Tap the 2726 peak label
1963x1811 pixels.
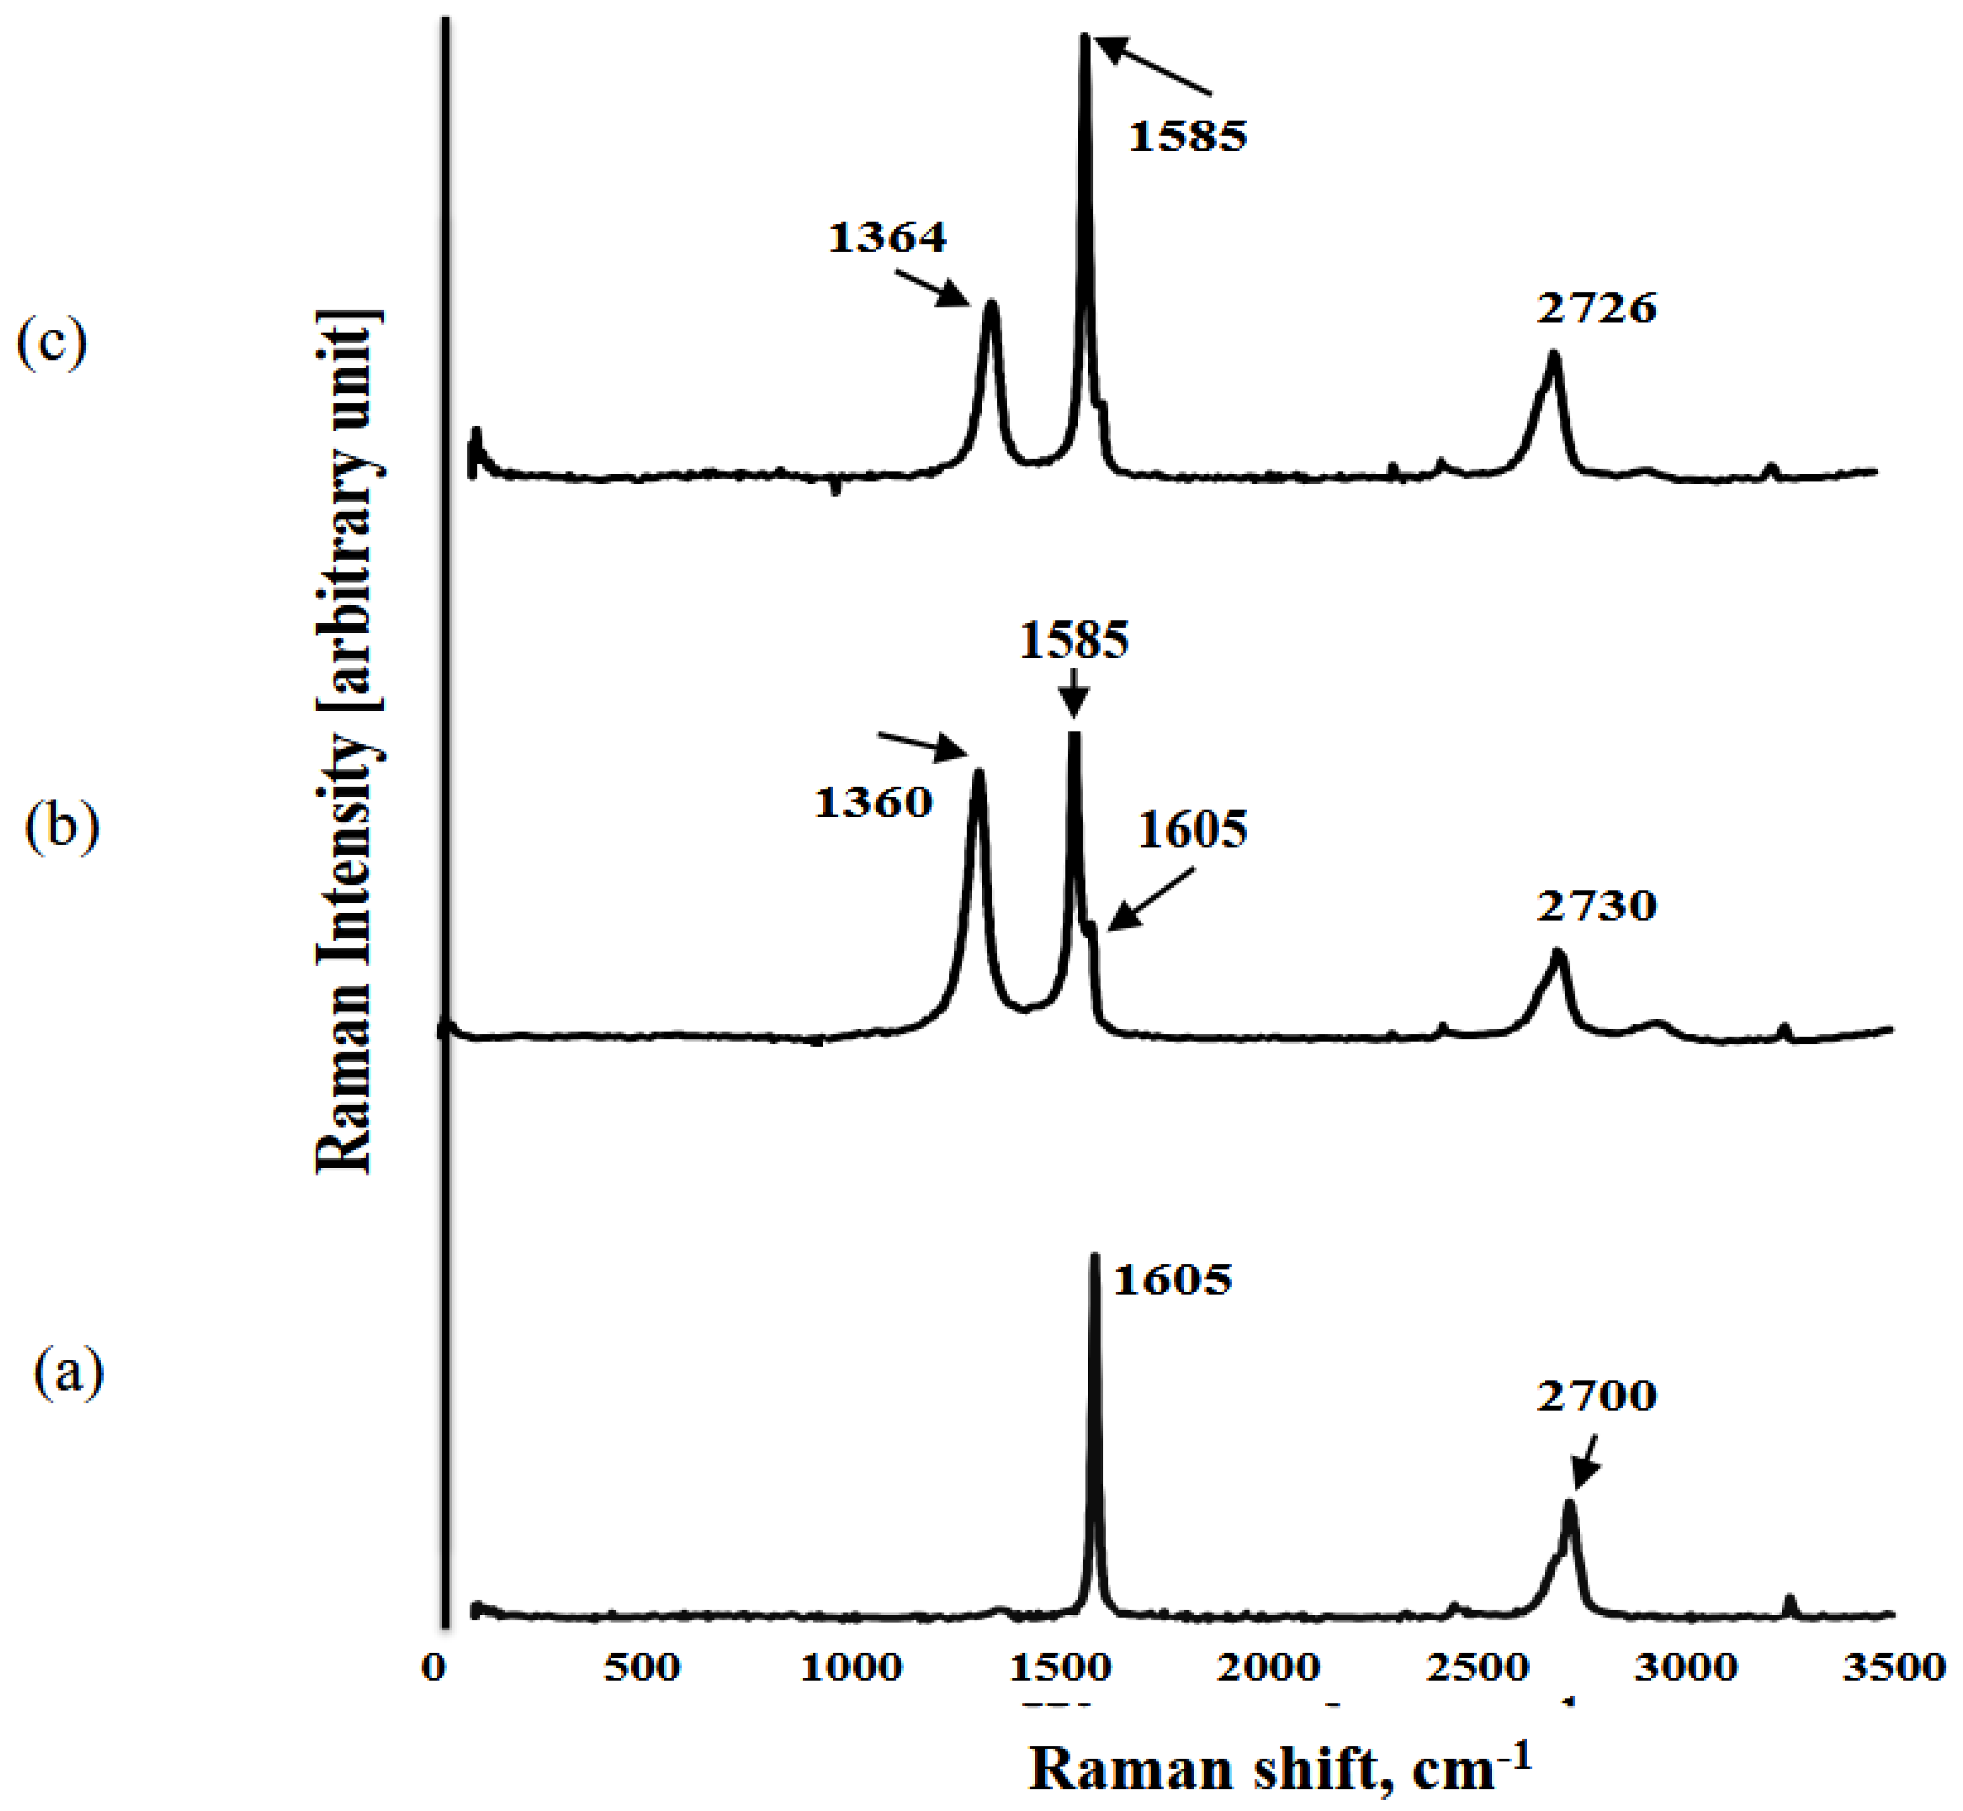[x=1596, y=308]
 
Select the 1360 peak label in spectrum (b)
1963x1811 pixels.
[x=873, y=803]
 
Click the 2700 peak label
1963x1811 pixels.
[x=1596, y=1395]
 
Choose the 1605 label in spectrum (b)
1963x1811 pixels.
[x=1192, y=830]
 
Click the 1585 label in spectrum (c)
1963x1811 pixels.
[x=1188, y=136]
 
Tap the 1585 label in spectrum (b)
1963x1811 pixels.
[x=1074, y=641]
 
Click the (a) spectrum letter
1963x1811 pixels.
[x=69, y=1373]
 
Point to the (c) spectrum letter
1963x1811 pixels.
[x=52, y=343]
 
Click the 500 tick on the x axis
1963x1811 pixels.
[x=642, y=1667]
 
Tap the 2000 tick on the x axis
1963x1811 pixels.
[x=1269, y=1667]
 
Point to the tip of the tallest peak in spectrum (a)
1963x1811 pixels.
[x=1094, y=1257]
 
